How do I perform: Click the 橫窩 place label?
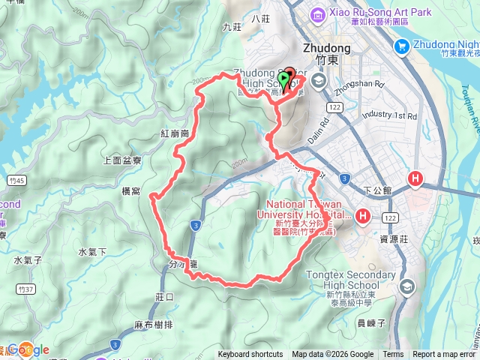131,192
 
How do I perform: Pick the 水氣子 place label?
28,260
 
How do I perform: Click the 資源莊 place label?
394,239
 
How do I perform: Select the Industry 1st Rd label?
388,115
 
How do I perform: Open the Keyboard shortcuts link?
250,355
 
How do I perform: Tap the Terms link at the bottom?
393,355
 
